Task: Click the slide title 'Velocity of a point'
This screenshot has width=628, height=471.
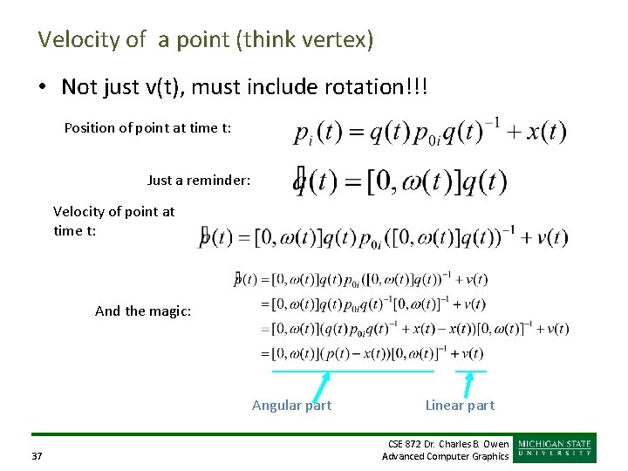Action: click(205, 39)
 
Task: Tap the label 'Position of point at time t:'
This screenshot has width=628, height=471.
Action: click(147, 128)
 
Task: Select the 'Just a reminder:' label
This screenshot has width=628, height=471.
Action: click(199, 181)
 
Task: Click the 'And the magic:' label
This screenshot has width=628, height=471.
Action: click(142, 311)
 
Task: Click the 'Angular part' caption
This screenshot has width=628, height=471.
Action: click(291, 405)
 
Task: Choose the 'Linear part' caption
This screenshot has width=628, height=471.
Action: click(460, 405)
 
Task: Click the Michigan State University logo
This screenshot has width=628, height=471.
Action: click(556, 448)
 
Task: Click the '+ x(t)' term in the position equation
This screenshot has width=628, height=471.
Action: click(537, 133)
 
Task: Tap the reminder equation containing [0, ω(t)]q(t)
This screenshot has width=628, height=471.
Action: click(401, 182)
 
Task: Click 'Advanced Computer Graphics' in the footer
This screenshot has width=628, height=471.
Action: click(445, 456)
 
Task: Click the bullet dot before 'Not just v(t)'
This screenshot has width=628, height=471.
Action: click(43, 87)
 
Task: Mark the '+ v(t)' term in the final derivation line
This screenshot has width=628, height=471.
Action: click(468, 353)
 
